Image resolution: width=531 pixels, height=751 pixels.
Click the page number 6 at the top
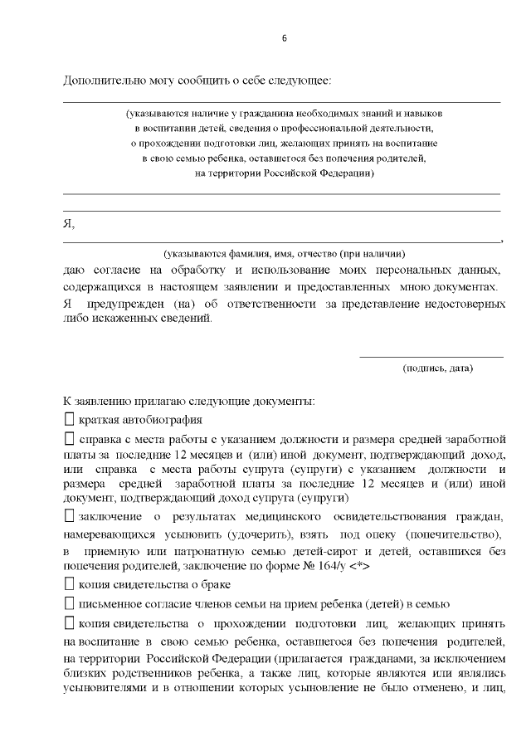284,39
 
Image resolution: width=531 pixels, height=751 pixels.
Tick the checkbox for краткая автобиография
69,419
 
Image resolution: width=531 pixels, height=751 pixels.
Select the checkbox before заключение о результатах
69,516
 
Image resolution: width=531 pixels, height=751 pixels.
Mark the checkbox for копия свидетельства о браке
69,584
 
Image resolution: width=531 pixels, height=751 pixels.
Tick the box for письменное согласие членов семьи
69,603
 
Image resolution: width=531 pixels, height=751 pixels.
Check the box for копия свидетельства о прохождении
69,622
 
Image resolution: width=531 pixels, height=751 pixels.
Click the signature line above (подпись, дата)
431,357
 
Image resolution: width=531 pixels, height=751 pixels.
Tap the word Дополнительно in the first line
100,80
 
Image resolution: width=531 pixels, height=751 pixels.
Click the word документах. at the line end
472,286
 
